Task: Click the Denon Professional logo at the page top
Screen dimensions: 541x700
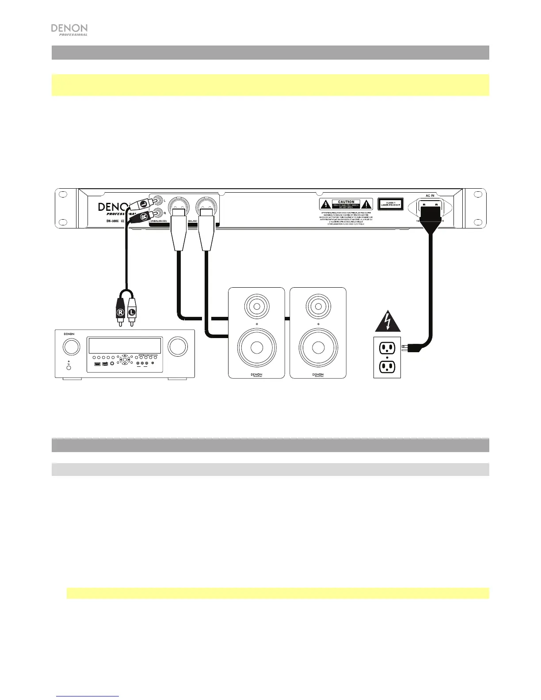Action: (69, 30)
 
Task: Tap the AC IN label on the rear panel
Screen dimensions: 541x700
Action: (430, 195)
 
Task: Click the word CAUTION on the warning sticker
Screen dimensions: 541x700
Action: (346, 202)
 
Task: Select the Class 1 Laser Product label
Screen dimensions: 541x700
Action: (390, 204)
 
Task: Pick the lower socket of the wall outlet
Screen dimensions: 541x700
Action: (387, 366)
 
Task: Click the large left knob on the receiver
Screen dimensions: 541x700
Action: (71, 346)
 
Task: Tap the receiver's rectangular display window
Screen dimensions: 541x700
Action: (124, 345)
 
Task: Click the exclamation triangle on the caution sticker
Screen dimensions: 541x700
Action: (367, 204)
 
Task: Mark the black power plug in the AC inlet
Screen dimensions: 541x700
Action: (431, 217)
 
